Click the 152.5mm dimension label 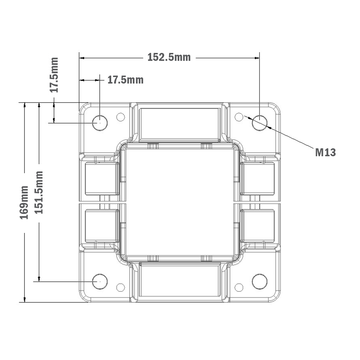click(169, 57)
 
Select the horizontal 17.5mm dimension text click(125, 80)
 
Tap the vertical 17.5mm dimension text click(54, 75)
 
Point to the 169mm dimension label click(24, 202)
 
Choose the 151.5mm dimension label click(39, 192)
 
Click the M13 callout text click(325, 153)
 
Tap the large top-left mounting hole click(100, 123)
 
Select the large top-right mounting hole click(260, 123)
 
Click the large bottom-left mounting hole click(100, 281)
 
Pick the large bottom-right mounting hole click(260, 281)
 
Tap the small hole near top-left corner click(121, 117)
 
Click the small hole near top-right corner click(238, 117)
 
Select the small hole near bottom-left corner click(121, 287)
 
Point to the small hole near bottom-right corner click(238, 287)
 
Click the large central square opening click(180, 202)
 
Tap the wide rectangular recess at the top click(180, 123)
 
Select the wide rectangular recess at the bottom click(180, 280)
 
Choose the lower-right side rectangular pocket click(258, 225)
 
